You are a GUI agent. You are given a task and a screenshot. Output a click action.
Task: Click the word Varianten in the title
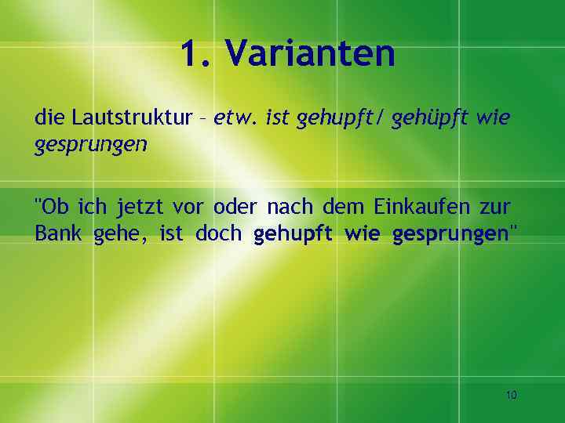(x=310, y=54)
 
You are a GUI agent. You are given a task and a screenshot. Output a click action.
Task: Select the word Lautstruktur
(x=132, y=118)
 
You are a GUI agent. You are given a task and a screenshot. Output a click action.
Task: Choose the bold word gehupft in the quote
(x=293, y=233)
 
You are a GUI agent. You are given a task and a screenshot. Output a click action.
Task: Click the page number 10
(x=511, y=395)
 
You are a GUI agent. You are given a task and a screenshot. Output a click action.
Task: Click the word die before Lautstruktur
(x=49, y=118)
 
